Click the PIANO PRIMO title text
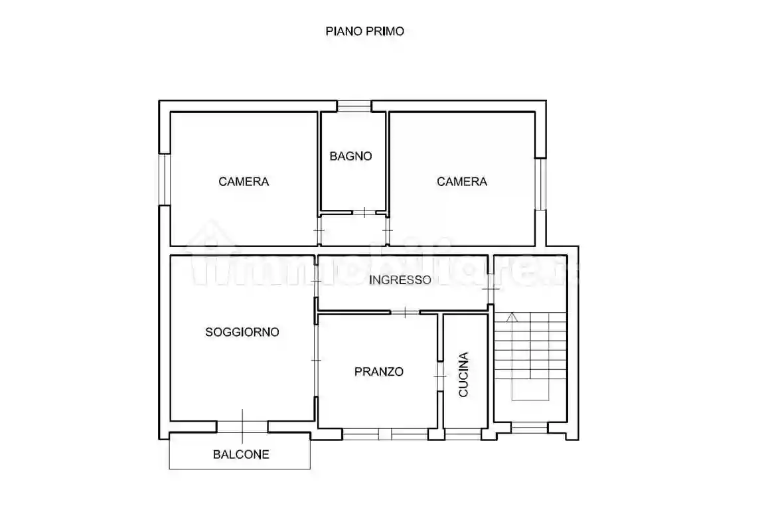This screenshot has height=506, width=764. (364, 31)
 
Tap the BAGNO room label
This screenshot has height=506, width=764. (351, 157)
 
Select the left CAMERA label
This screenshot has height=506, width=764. (244, 181)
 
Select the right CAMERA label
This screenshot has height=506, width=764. (462, 181)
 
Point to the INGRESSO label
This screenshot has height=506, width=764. (400, 280)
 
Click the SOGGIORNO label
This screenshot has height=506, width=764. (242, 332)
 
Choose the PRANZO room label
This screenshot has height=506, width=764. (378, 372)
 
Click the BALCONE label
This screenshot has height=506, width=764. (241, 455)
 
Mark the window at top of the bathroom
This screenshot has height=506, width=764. (353, 106)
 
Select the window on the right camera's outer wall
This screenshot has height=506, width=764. (541, 184)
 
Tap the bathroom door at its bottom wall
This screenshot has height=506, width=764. (364, 212)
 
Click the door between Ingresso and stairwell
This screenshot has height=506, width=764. (491, 290)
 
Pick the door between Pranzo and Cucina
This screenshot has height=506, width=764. (440, 377)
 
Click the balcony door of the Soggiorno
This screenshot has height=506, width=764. (242, 426)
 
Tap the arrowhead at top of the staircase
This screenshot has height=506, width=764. (510, 317)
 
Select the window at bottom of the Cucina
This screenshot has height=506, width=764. (463, 434)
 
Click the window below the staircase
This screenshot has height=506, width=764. (529, 427)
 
